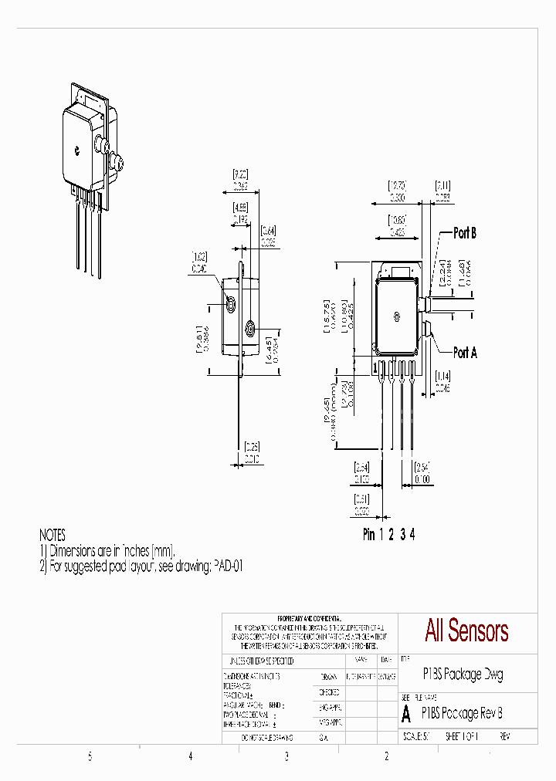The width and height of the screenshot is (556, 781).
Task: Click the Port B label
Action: [x=464, y=233]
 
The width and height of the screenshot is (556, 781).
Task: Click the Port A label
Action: [x=465, y=352]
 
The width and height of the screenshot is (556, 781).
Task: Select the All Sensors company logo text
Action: [x=466, y=631]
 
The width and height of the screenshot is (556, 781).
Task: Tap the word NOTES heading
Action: [x=53, y=535]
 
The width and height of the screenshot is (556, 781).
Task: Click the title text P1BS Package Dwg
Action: [x=463, y=674]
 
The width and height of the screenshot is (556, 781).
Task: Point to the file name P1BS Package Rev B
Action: [x=462, y=713]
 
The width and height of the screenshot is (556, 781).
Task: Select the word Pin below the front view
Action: [x=369, y=535]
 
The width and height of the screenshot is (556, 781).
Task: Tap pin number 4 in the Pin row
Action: [x=412, y=535]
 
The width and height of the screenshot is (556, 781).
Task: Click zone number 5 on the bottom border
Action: [x=90, y=756]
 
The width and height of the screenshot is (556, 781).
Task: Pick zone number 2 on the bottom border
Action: [x=387, y=756]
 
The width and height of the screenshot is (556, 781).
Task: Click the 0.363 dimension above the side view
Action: [x=240, y=186]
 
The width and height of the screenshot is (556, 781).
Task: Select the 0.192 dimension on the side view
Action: [x=239, y=218]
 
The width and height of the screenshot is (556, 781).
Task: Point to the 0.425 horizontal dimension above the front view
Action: [x=398, y=231]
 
